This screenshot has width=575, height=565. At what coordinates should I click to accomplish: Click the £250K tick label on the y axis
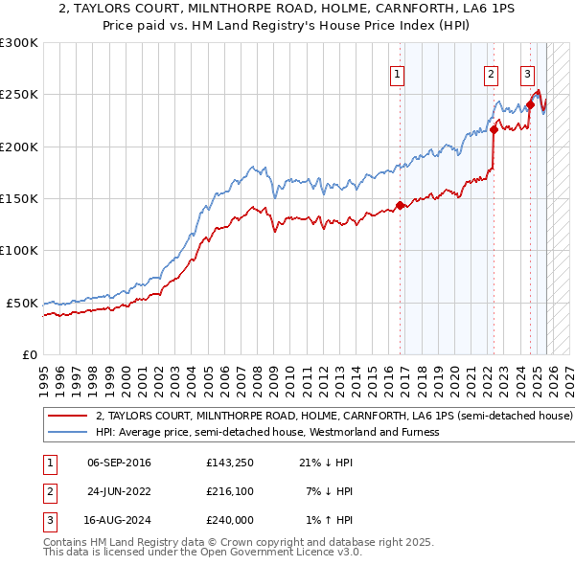click(x=19, y=95)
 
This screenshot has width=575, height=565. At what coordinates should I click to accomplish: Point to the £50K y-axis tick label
click(x=22, y=303)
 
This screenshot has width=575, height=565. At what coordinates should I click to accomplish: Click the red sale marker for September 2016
click(x=400, y=205)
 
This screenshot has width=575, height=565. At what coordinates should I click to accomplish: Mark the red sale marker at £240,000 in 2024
click(x=530, y=104)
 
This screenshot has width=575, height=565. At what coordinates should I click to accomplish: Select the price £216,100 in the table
click(x=229, y=491)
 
